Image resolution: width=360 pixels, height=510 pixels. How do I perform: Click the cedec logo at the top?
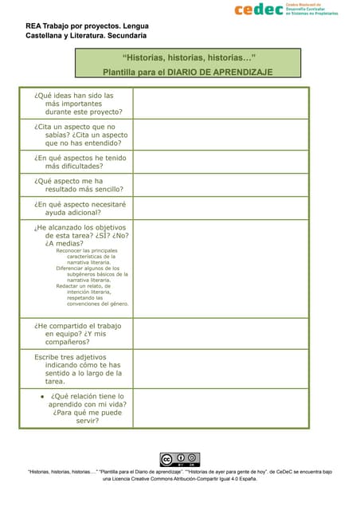(285, 10)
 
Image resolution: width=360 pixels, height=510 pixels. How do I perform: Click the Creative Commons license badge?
(179, 459)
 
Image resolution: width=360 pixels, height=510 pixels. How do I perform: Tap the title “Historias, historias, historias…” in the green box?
(189, 57)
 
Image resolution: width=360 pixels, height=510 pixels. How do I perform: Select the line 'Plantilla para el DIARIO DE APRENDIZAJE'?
(189, 72)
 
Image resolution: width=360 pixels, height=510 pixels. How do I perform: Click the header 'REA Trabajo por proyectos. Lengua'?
(87, 26)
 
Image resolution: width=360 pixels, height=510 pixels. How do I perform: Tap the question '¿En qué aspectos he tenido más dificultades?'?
(80, 163)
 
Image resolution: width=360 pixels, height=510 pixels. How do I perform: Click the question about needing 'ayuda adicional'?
(80, 208)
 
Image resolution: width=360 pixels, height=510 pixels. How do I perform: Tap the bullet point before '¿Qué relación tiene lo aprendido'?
(41, 396)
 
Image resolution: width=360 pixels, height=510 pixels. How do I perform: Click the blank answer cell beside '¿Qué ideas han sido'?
(221, 104)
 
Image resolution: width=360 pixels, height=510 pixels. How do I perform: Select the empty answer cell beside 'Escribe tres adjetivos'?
(221, 369)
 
